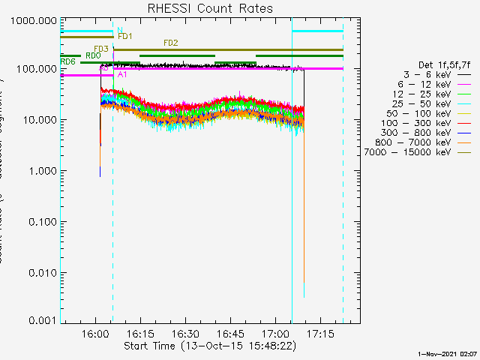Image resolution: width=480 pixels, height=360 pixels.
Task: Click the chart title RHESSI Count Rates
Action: [x=210, y=9]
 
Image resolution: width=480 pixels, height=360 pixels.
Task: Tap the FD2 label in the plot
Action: [x=170, y=43]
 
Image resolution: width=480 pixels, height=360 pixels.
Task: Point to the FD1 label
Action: [x=125, y=36]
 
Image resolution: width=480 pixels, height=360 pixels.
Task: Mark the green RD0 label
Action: [x=93, y=55]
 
